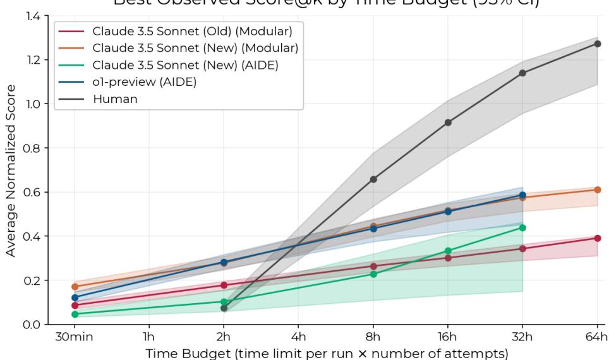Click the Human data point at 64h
click(597, 44)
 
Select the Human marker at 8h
click(373, 179)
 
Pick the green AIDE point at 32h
click(522, 227)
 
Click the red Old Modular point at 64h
click(597, 238)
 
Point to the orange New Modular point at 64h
click(597, 189)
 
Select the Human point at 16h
click(448, 123)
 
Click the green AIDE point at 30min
click(75, 314)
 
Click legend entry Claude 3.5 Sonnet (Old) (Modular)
click(196, 30)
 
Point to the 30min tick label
click(75, 335)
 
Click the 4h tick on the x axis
click(299, 335)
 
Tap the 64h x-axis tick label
click(597, 335)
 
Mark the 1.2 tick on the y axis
click(33, 60)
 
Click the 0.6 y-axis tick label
click(33, 192)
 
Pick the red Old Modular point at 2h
click(224, 285)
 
